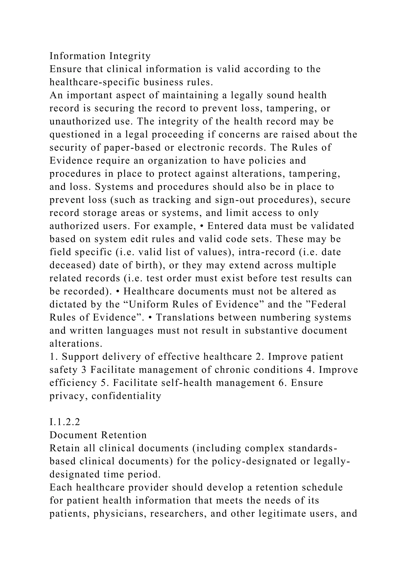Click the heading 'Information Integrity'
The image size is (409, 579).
(x=100, y=56)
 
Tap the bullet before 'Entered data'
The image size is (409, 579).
(x=202, y=226)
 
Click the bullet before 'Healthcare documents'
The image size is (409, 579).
(x=118, y=291)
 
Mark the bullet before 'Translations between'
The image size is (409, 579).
(x=150, y=317)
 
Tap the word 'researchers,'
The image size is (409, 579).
(x=178, y=514)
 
